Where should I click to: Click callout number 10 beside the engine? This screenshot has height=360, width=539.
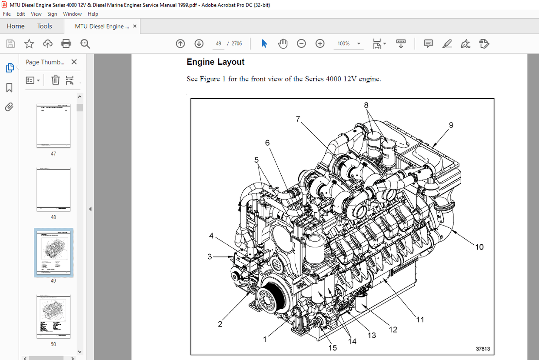[479, 247]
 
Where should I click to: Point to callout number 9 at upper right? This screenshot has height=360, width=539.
[451, 125]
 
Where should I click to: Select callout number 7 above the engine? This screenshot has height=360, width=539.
[298, 119]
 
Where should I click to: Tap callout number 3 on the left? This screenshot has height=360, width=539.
[210, 257]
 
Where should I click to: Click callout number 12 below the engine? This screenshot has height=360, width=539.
[393, 330]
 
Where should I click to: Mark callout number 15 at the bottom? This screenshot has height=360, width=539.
[333, 347]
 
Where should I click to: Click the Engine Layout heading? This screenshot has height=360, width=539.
[216, 62]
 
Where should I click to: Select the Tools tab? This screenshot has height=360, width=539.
[44, 26]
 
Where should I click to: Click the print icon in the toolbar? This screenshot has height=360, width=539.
[66, 43]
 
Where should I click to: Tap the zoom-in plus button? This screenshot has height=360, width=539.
[320, 43]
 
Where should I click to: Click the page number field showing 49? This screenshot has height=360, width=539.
[219, 43]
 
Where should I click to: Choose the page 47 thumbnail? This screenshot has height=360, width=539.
[53, 126]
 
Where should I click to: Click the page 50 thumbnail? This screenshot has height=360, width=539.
[53, 317]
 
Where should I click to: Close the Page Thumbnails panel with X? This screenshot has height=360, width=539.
[74, 62]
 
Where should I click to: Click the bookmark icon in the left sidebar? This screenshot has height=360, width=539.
[9, 88]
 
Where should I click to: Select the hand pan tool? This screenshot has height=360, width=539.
[283, 43]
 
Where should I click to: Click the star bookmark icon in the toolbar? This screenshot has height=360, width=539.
[29, 43]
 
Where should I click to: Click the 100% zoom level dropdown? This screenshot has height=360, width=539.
[349, 43]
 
